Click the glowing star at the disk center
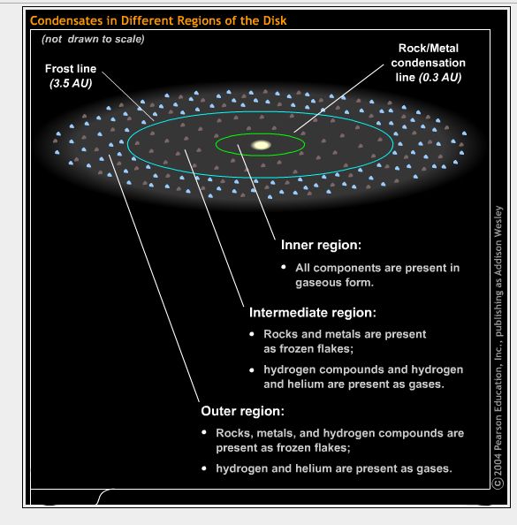[x=261, y=145]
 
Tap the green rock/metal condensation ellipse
[x=260, y=133]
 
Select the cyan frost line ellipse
[x=260, y=112]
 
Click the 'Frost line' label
[x=71, y=69]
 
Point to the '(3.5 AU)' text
[x=71, y=83]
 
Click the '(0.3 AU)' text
[x=440, y=78]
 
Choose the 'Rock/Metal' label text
[x=429, y=49]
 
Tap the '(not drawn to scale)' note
[x=93, y=39]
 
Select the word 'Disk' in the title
[x=275, y=20]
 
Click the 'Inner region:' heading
[x=321, y=245]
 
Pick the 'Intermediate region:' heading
[x=313, y=312]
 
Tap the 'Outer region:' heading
[x=242, y=411]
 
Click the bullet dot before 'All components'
[x=284, y=267]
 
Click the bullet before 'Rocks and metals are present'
[x=252, y=334]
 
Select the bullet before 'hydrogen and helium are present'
[x=204, y=468]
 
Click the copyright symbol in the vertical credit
[x=498, y=483]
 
